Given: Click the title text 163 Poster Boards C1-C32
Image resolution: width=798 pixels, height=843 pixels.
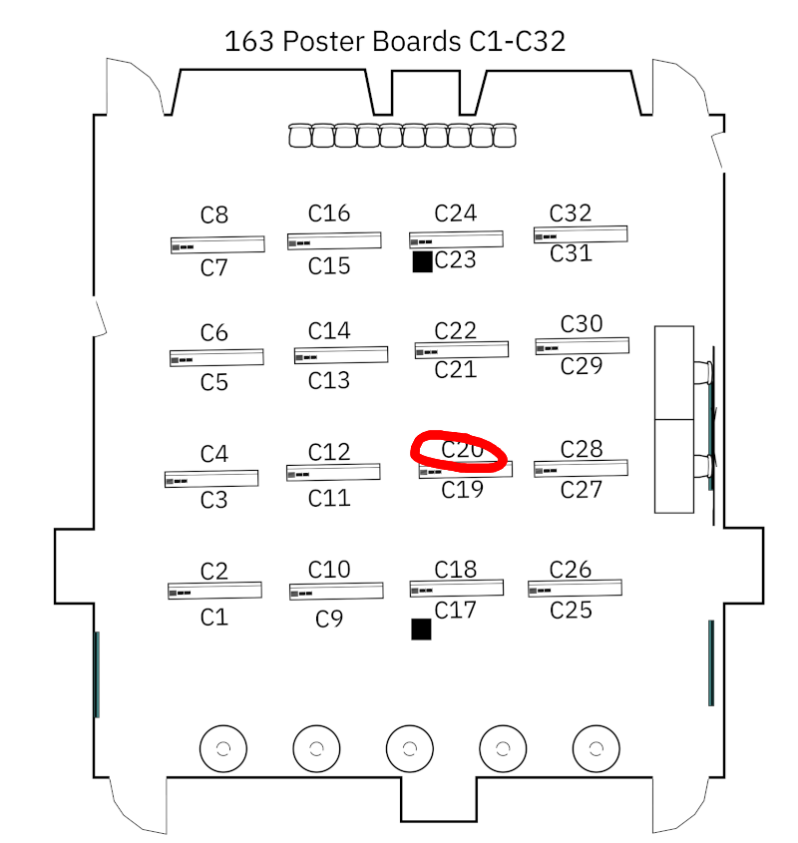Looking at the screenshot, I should pyautogui.click(x=395, y=42).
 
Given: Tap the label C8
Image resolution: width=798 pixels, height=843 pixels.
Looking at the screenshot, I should pyautogui.click(x=214, y=214).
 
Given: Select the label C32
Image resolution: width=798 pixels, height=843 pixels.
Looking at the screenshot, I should pyautogui.click(x=571, y=212).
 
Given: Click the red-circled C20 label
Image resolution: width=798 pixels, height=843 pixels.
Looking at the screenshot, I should pyautogui.click(x=462, y=450).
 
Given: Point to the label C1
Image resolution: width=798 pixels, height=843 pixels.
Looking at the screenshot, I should pyautogui.click(x=214, y=618).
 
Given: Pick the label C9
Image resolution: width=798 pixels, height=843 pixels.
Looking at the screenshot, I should pyautogui.click(x=329, y=620).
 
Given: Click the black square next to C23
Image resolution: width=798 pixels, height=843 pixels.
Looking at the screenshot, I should pyautogui.click(x=422, y=261).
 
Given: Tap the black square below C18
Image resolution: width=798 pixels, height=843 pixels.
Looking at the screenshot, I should pyautogui.click(x=421, y=629).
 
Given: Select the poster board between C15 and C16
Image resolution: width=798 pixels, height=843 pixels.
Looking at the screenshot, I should pyautogui.click(x=334, y=240).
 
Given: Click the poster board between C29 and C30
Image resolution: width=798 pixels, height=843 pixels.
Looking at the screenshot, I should pyautogui.click(x=582, y=345).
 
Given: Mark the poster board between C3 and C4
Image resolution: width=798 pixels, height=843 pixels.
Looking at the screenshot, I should pyautogui.click(x=211, y=478).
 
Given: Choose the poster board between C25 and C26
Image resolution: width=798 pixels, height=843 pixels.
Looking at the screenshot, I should pyautogui.click(x=575, y=588).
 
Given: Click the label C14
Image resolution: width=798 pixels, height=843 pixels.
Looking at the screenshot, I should pyautogui.click(x=329, y=331).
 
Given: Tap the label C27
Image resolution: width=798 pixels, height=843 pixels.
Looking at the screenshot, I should pyautogui.click(x=582, y=490).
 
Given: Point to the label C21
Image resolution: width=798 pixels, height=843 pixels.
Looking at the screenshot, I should pyautogui.click(x=456, y=370).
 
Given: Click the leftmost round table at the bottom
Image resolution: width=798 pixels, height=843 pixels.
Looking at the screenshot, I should pyautogui.click(x=222, y=747).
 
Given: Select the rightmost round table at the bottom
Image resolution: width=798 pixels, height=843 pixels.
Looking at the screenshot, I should pyautogui.click(x=596, y=747).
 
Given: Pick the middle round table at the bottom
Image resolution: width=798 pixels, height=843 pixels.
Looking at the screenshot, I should pyautogui.click(x=409, y=747).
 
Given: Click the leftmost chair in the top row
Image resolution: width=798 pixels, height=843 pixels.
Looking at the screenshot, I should pyautogui.click(x=300, y=136).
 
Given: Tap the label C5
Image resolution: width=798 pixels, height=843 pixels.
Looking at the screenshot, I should pyautogui.click(x=214, y=382).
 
